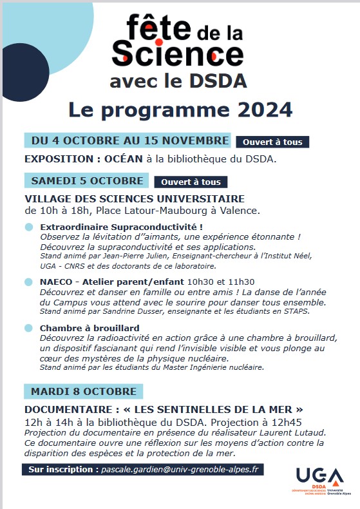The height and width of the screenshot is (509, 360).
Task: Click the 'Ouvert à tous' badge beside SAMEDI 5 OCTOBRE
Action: click(191, 182)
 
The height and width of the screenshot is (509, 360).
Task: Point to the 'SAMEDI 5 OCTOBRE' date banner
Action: click(87, 181)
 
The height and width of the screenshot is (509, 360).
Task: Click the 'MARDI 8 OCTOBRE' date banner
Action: click(84, 391)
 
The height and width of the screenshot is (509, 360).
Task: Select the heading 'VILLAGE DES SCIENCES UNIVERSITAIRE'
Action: click(135, 199)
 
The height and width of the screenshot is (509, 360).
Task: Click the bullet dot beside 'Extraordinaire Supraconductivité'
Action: click(28, 227)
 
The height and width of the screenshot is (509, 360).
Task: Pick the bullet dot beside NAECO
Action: click(28, 282)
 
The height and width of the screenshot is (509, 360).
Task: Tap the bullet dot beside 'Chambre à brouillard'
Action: click(28, 328)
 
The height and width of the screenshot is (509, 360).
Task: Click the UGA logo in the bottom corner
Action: click(319, 480)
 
